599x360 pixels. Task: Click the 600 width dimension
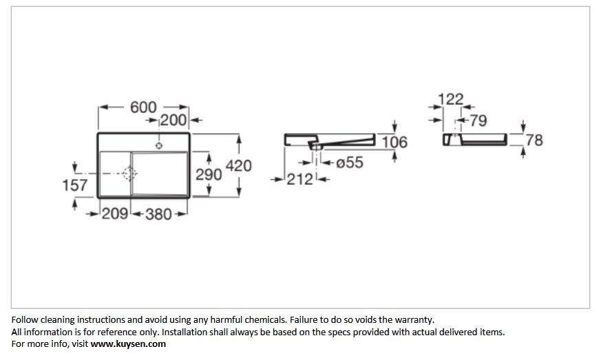143,107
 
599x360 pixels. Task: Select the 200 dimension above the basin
173,120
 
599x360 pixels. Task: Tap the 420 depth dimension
239,166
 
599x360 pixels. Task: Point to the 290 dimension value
209,175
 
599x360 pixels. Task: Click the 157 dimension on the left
75,186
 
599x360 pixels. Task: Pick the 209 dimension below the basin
114,214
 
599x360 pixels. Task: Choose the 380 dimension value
158,215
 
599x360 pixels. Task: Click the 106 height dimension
395,142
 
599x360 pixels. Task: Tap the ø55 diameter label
350,162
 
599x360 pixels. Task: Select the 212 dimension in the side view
300,180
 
